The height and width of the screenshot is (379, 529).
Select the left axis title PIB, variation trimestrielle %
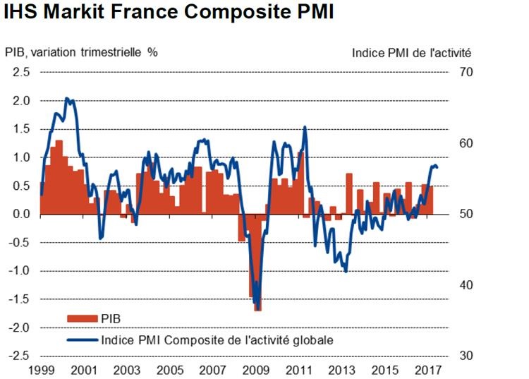81,52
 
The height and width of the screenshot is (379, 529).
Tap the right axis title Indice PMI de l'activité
411,52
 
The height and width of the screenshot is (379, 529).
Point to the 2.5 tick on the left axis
21,72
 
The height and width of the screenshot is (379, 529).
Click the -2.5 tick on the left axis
20,356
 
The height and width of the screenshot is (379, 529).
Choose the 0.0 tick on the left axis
21,214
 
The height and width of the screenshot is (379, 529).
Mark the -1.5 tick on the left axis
20,299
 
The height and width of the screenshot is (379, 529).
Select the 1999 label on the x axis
40,370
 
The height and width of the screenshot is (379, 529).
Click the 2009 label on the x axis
257,370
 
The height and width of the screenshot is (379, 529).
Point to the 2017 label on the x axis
429,370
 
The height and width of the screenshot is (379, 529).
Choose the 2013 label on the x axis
343,370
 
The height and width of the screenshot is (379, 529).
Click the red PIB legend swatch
83,320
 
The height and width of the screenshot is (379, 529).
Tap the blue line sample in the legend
83,339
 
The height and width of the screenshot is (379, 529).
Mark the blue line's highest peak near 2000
67,99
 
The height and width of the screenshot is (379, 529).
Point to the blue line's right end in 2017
438,167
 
